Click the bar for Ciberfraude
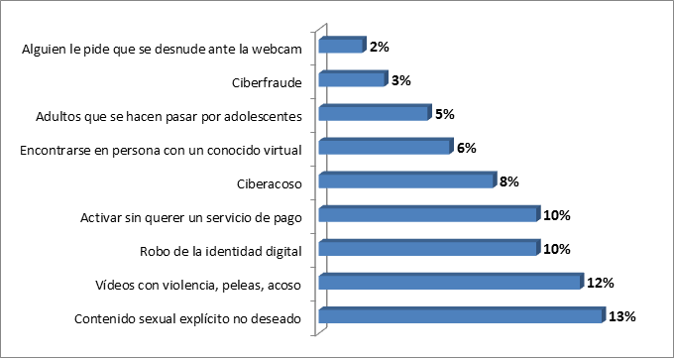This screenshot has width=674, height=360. click(353, 78)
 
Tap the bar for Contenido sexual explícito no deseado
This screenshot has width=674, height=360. click(462, 314)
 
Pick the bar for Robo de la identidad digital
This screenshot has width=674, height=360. click(429, 247)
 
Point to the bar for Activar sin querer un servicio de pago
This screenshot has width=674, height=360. click(429, 213)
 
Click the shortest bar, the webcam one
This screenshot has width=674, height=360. click(342, 45)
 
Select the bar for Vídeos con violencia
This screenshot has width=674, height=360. click(451, 281)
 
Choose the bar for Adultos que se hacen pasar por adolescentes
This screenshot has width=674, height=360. click(375, 112)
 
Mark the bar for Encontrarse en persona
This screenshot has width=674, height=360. click(386, 146)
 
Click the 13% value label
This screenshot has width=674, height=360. click(621, 316)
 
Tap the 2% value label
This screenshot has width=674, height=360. click(379, 47)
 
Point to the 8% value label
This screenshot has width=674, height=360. click(508, 181)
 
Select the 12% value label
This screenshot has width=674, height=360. click(600, 283)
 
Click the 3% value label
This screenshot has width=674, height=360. click(400, 80)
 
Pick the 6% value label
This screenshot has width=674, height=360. click(466, 149)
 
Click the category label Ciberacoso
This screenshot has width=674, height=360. click(269, 184)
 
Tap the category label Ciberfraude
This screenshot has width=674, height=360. click(266, 83)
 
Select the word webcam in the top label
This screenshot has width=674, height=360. click(277, 49)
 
